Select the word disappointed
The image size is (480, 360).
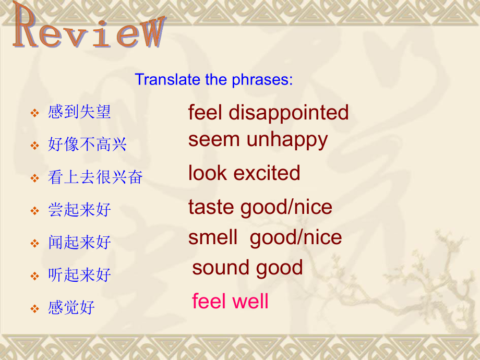(x=289, y=112)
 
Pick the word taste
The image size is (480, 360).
(x=211, y=207)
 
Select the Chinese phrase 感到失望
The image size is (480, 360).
(x=79, y=112)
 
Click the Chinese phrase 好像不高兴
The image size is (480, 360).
(x=87, y=144)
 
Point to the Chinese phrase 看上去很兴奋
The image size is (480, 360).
(x=95, y=177)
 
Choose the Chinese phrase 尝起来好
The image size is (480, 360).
(x=79, y=210)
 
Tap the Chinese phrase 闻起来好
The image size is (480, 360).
(x=79, y=242)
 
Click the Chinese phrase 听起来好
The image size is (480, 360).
(x=79, y=274)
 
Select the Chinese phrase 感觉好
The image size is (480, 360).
(x=71, y=307)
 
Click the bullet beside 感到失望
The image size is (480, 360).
(x=35, y=113)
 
